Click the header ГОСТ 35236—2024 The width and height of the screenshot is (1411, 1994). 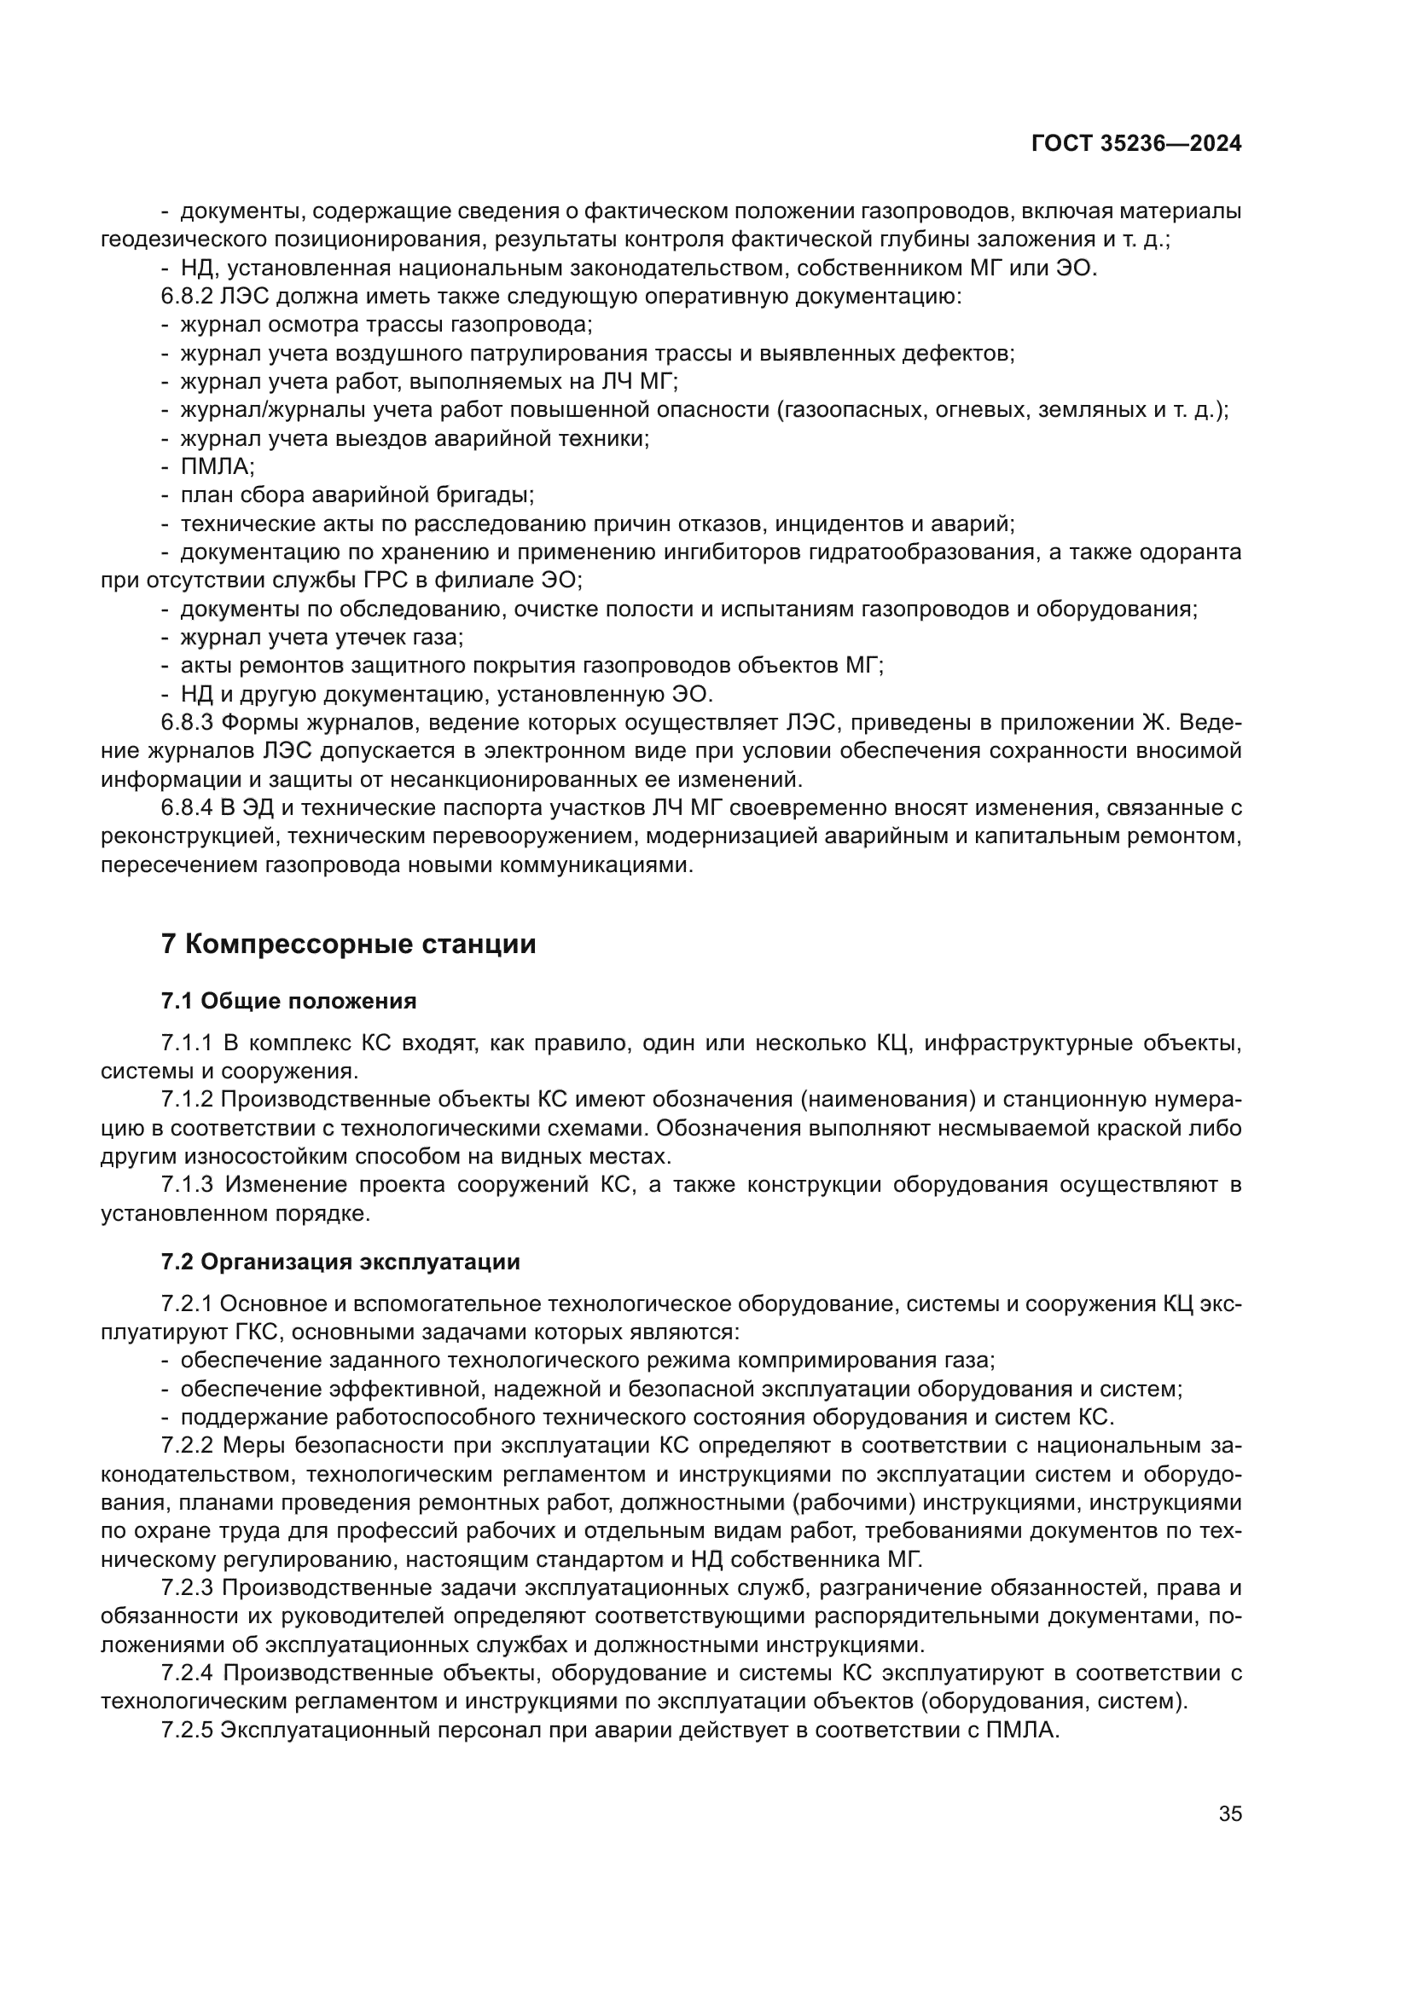1135,143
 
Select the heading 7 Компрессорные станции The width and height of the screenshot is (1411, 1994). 348,944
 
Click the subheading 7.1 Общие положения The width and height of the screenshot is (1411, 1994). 288,1002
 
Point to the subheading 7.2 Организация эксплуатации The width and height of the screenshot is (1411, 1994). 340,1262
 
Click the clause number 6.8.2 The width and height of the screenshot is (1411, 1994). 187,297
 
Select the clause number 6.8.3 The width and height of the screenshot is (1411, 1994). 187,723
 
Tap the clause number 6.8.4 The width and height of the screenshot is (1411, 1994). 187,808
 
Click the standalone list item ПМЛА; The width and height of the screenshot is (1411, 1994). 218,467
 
